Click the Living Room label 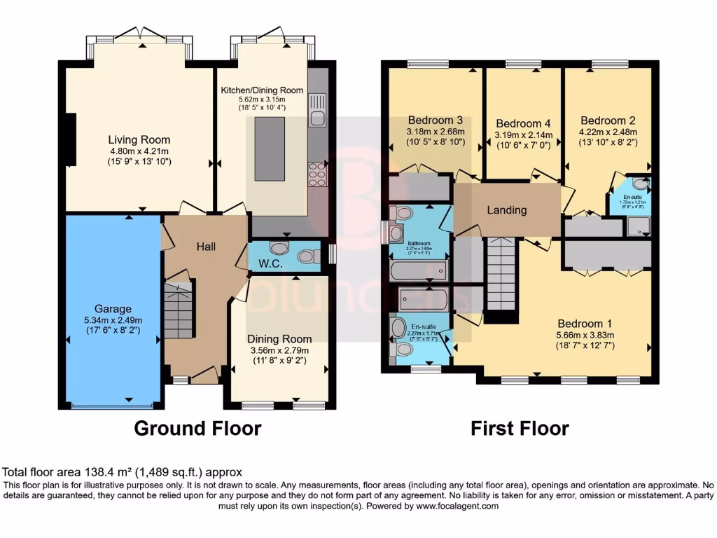(139, 139)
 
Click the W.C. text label (270, 264)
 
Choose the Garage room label (113, 308)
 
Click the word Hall (206, 247)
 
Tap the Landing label (507, 210)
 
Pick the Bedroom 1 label (584, 324)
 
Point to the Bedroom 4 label (518, 123)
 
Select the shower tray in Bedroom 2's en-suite (638, 225)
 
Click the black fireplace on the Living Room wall (70, 140)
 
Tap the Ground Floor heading (197, 428)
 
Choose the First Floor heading (520, 428)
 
